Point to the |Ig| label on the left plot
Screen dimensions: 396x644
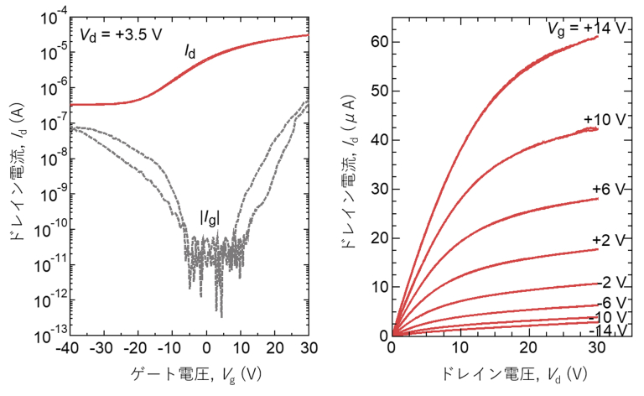pyautogui.click(x=209, y=217)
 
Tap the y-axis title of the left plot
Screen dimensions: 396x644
pyautogui.click(x=15, y=176)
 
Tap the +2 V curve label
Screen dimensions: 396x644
pyautogui.click(x=608, y=241)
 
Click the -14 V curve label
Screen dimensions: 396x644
pyautogui.click(x=607, y=331)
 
